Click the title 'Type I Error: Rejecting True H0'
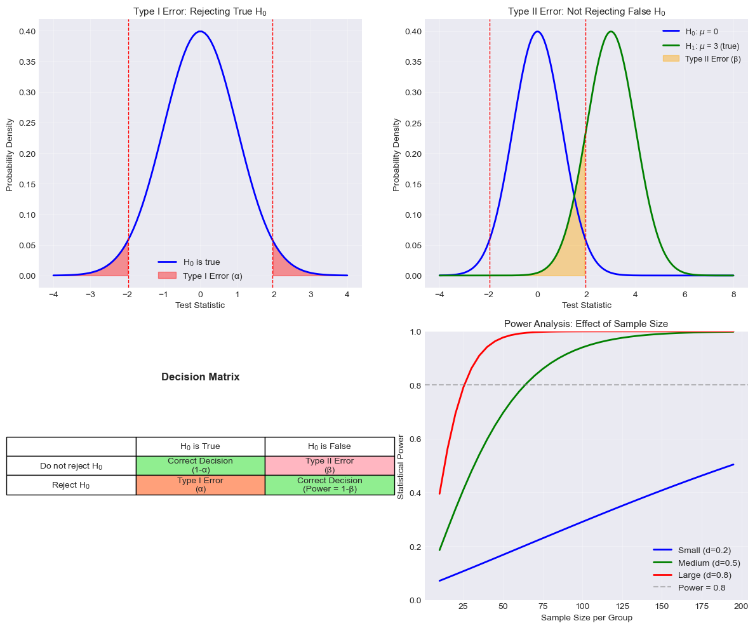coord(200,11)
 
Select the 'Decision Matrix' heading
coord(200,377)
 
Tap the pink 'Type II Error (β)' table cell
coord(330,465)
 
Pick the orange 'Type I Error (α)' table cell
coord(200,485)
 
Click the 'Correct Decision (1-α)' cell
coord(200,465)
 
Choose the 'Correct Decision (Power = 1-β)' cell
coord(330,485)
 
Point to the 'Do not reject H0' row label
coord(71,466)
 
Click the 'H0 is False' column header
coord(330,446)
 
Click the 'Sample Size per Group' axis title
coord(586,617)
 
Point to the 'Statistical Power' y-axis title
coord(401,467)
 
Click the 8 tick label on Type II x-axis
coord(733,295)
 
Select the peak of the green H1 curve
coord(611,32)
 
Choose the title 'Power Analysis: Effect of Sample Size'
coord(585,324)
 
